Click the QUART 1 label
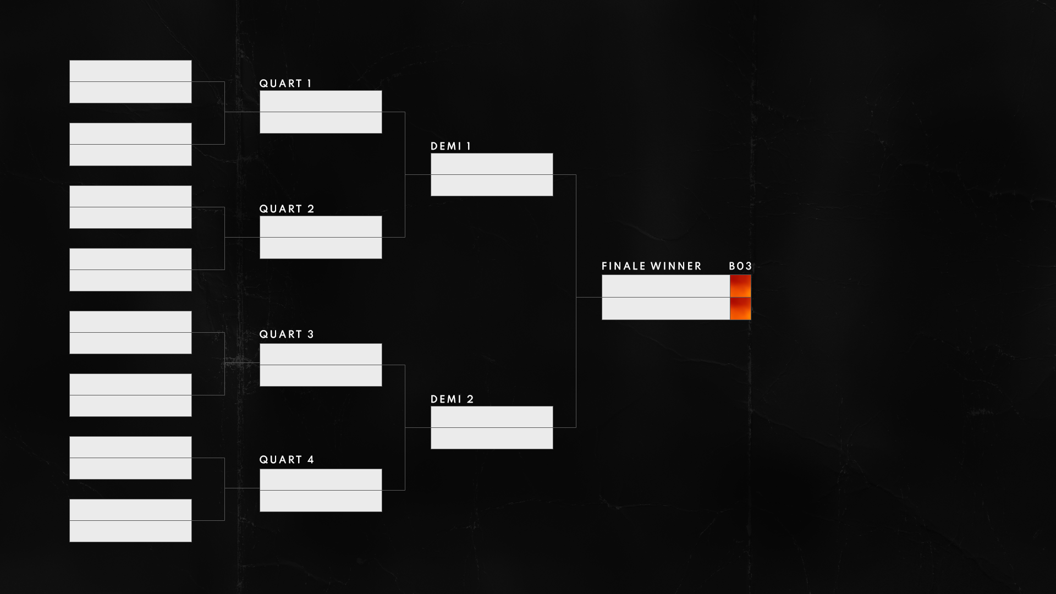285,84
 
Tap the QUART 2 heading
287,209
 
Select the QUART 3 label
287,334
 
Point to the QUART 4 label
287,460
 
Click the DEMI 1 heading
450,146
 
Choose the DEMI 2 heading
452,399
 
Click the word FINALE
624,266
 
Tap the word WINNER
676,266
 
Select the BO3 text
740,266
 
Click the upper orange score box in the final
740,286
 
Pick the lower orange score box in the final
740,309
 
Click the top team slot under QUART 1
321,101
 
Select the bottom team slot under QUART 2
321,248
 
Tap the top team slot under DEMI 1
492,164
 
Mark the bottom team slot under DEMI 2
492,438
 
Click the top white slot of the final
665,286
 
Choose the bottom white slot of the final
665,309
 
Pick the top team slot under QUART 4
321,480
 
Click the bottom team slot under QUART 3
321,376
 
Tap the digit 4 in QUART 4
311,460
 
